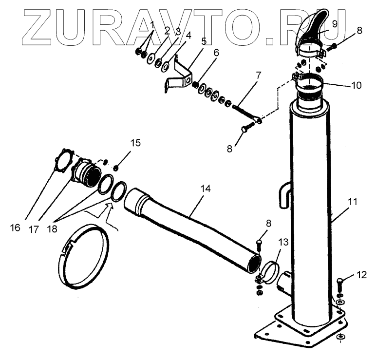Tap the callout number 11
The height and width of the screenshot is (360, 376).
point(352,202)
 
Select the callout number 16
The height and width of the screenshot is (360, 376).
point(15,227)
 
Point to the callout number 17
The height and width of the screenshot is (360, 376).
point(34,229)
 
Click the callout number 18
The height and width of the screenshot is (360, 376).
point(52,229)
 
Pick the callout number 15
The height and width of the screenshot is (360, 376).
point(135,143)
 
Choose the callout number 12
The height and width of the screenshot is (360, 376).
point(361,275)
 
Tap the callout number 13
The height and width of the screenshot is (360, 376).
point(283,242)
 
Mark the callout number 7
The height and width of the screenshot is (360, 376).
point(258,76)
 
